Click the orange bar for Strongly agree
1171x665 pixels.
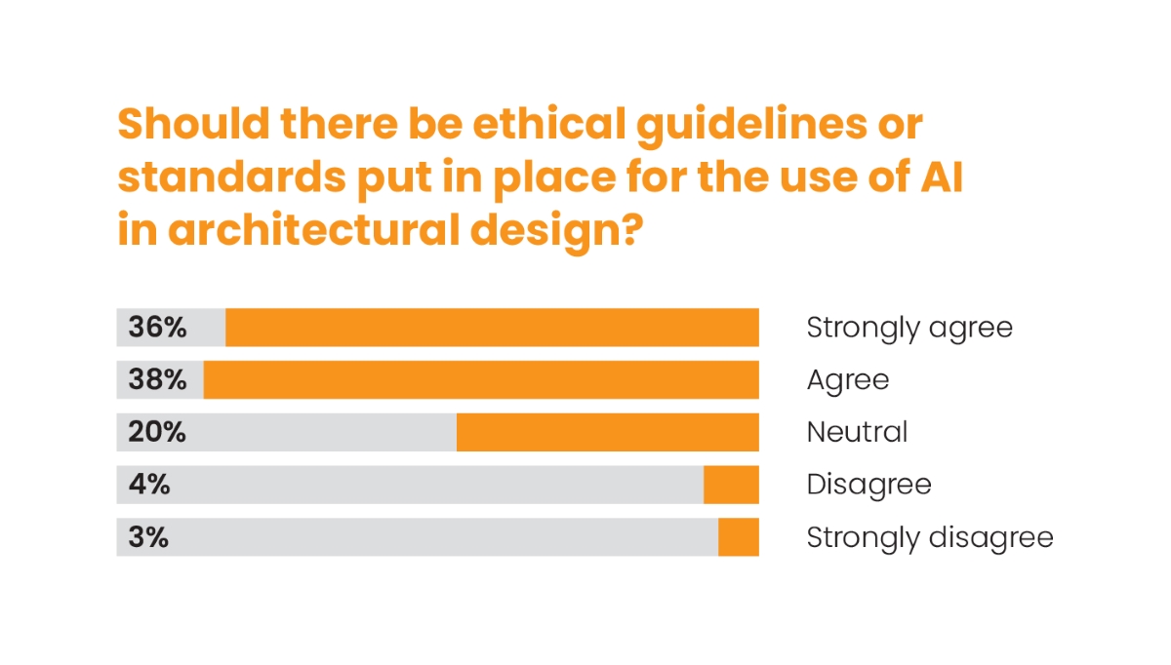492,328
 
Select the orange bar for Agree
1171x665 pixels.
481,379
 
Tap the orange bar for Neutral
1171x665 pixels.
607,432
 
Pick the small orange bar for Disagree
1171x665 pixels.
731,485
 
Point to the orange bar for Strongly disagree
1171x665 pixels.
738,537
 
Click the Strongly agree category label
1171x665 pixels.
909,329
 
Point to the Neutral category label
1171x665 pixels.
857,432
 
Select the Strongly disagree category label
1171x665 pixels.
930,537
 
